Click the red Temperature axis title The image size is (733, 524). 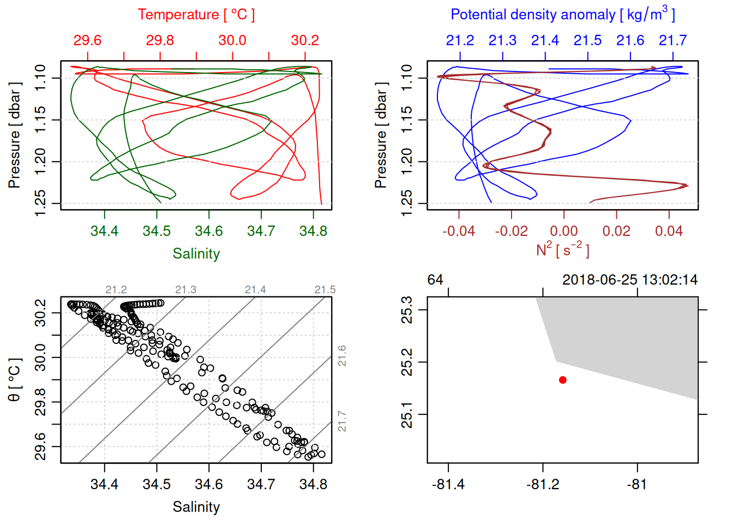click(x=196, y=15)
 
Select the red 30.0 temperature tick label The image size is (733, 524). click(x=232, y=40)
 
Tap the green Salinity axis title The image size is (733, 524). click(x=196, y=254)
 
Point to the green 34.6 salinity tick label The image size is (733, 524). click(x=209, y=231)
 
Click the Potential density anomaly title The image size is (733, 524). click(x=562, y=15)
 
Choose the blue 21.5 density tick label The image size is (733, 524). click(x=587, y=40)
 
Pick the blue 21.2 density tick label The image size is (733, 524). click(x=460, y=40)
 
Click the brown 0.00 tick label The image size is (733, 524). click(x=563, y=231)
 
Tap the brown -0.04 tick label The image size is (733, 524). click(x=458, y=231)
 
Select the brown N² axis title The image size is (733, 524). click(x=562, y=249)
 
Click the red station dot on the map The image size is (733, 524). click(x=563, y=380)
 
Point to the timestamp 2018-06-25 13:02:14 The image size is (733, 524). click(x=630, y=280)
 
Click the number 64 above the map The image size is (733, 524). click(x=435, y=280)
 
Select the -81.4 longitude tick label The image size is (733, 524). click(x=448, y=485)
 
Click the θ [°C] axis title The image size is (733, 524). click(x=15, y=380)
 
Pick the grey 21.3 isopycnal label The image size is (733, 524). click(x=185, y=290)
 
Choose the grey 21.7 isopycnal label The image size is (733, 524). click(x=342, y=421)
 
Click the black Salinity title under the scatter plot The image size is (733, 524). click(x=196, y=507)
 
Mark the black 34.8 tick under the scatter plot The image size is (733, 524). click(x=313, y=485)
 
